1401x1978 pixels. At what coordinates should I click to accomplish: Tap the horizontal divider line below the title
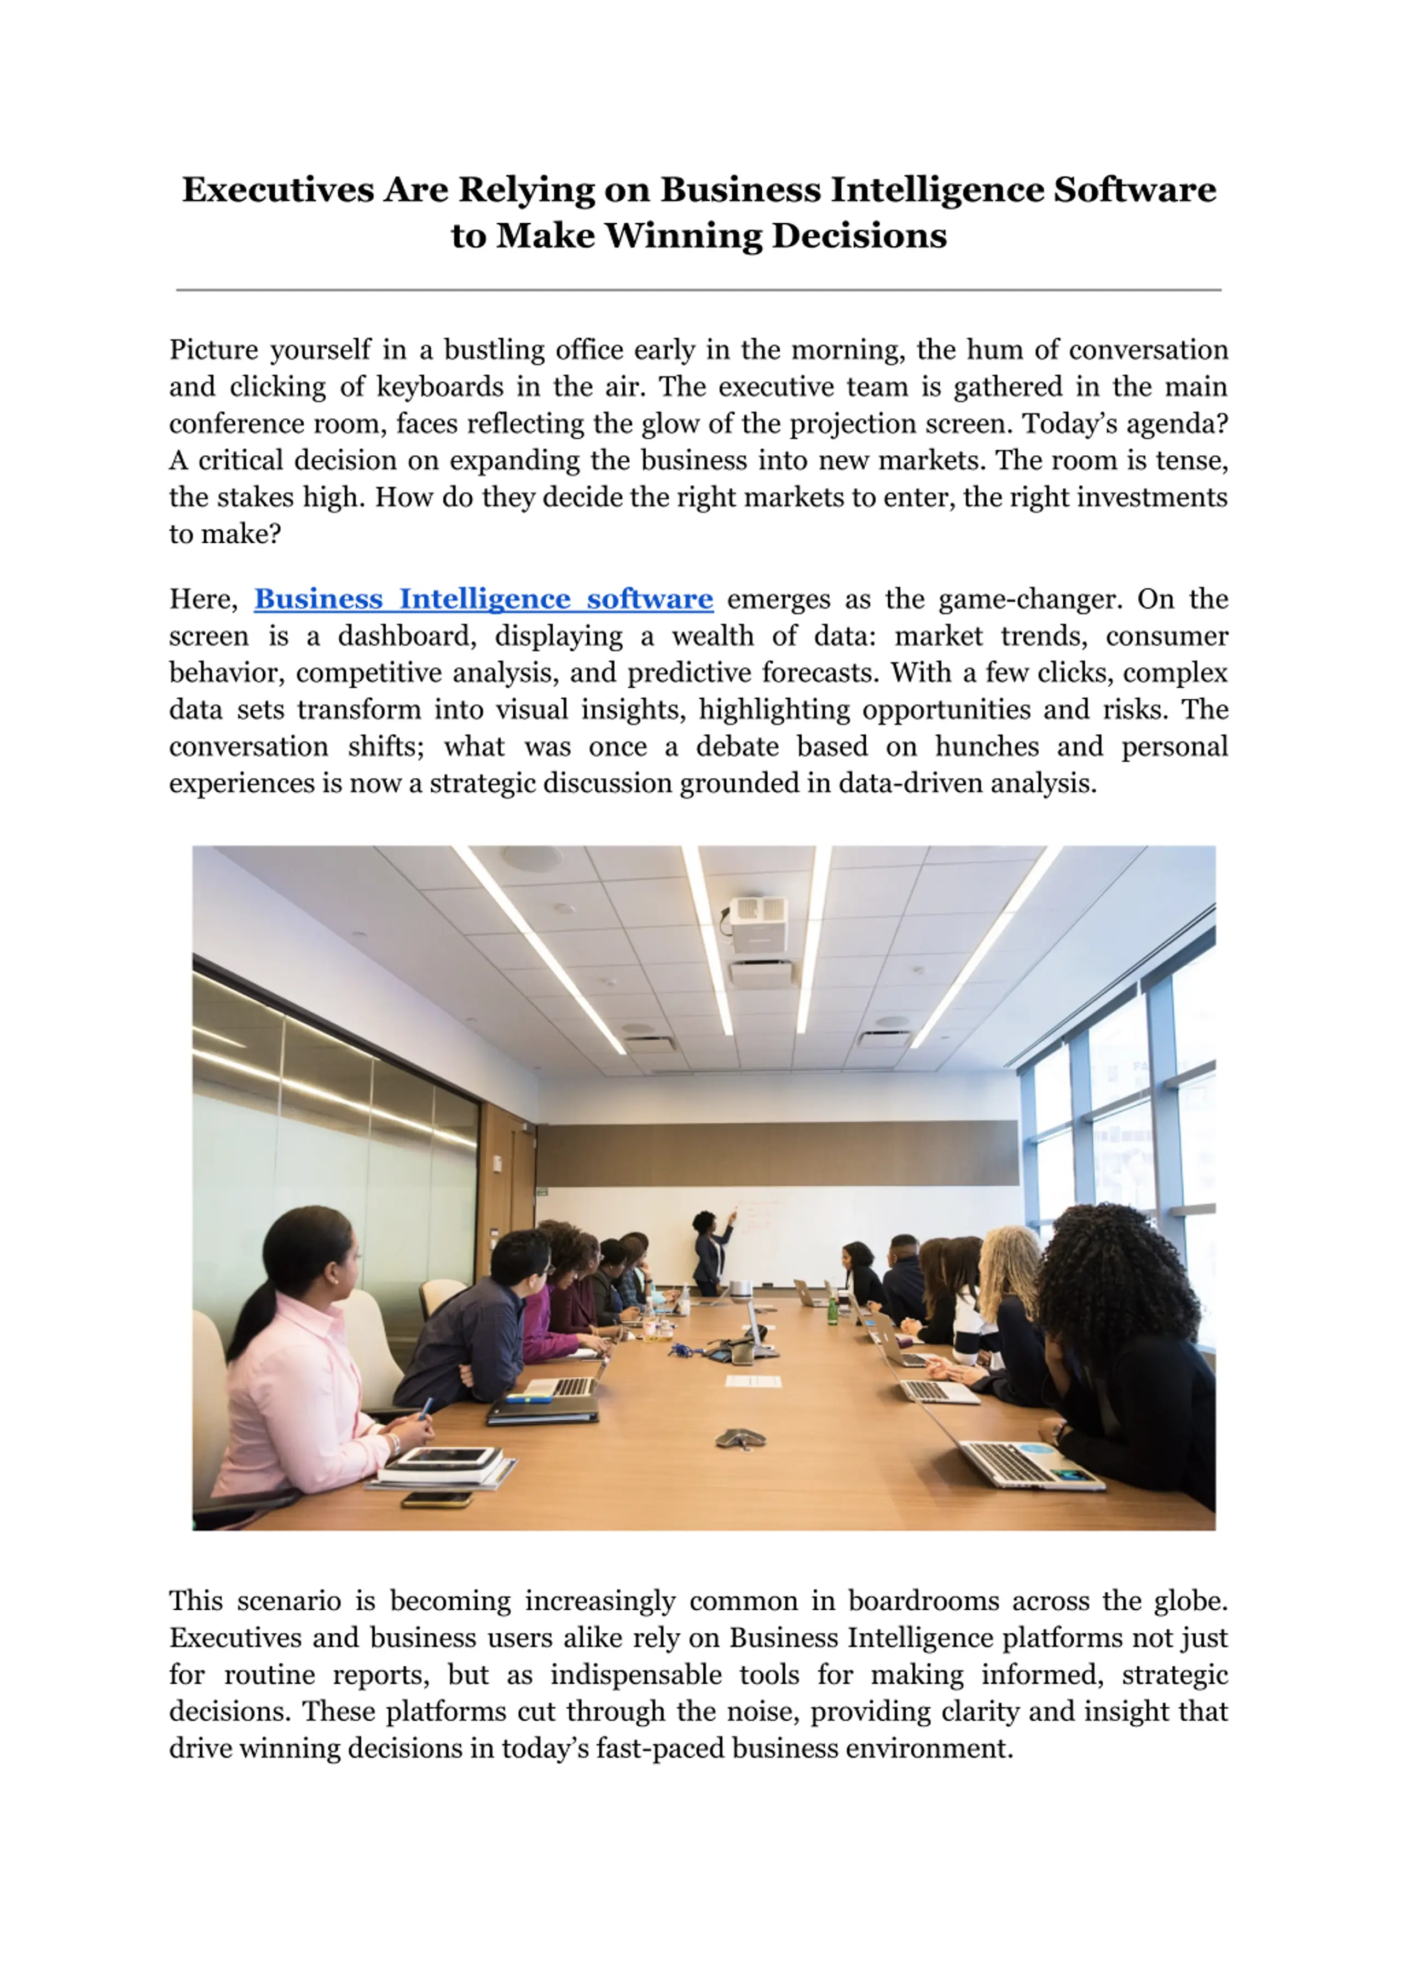[x=699, y=290]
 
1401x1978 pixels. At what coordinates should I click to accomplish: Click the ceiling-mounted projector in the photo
[x=759, y=923]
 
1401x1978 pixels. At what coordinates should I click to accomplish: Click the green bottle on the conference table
[x=832, y=1311]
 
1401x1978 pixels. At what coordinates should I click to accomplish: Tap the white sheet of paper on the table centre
[x=753, y=1382]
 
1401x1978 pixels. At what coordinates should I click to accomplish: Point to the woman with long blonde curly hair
[x=1005, y=1277]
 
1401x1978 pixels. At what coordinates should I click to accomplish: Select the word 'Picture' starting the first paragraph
[x=213, y=350]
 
